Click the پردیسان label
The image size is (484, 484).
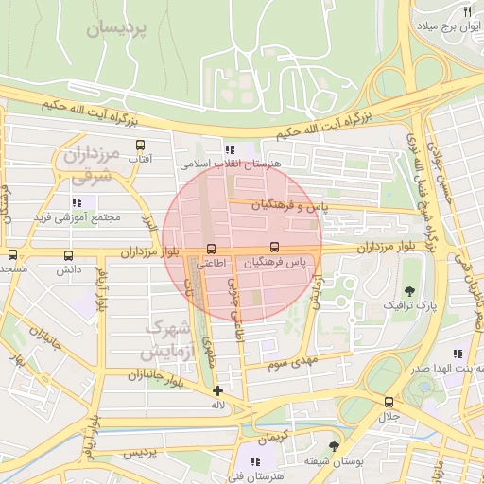(x=117, y=29)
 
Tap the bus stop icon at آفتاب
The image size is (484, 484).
(x=141, y=146)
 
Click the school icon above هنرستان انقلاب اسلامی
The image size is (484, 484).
(x=228, y=149)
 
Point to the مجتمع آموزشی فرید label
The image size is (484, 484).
(x=78, y=216)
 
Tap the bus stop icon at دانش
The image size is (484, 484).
(x=67, y=255)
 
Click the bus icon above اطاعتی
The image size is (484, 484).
(x=210, y=249)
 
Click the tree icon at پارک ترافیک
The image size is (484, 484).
(x=409, y=291)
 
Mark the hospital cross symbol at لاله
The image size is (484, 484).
(x=218, y=390)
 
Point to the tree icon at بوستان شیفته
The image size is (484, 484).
(x=333, y=445)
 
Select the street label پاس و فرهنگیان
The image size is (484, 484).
(x=289, y=204)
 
